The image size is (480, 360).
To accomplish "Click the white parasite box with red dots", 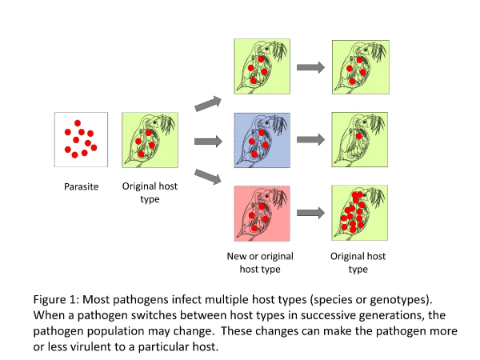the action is [x=81, y=139].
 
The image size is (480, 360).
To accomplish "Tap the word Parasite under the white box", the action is [x=81, y=186].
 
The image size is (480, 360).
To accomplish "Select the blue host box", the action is [x=262, y=140].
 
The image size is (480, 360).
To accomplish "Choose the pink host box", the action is [x=262, y=214].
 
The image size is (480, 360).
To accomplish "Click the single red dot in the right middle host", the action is [x=358, y=136].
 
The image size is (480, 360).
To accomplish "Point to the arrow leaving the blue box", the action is [x=310, y=139].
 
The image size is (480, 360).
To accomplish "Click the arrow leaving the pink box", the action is [x=310, y=213].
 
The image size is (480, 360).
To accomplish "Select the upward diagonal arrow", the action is [x=208, y=103].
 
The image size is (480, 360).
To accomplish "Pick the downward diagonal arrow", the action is [x=208, y=177].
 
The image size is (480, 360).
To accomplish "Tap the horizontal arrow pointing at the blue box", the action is [x=208, y=141].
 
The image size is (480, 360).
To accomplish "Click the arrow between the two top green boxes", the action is [x=310, y=67].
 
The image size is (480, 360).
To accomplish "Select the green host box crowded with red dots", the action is [x=360, y=213].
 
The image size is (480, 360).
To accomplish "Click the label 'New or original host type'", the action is [x=260, y=262].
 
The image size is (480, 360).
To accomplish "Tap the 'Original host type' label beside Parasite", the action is [x=150, y=193].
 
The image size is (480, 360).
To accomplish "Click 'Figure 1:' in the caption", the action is [x=56, y=299].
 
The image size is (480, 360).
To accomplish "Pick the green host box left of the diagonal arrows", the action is [x=150, y=140].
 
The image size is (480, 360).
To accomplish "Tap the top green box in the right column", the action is [x=361, y=67].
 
